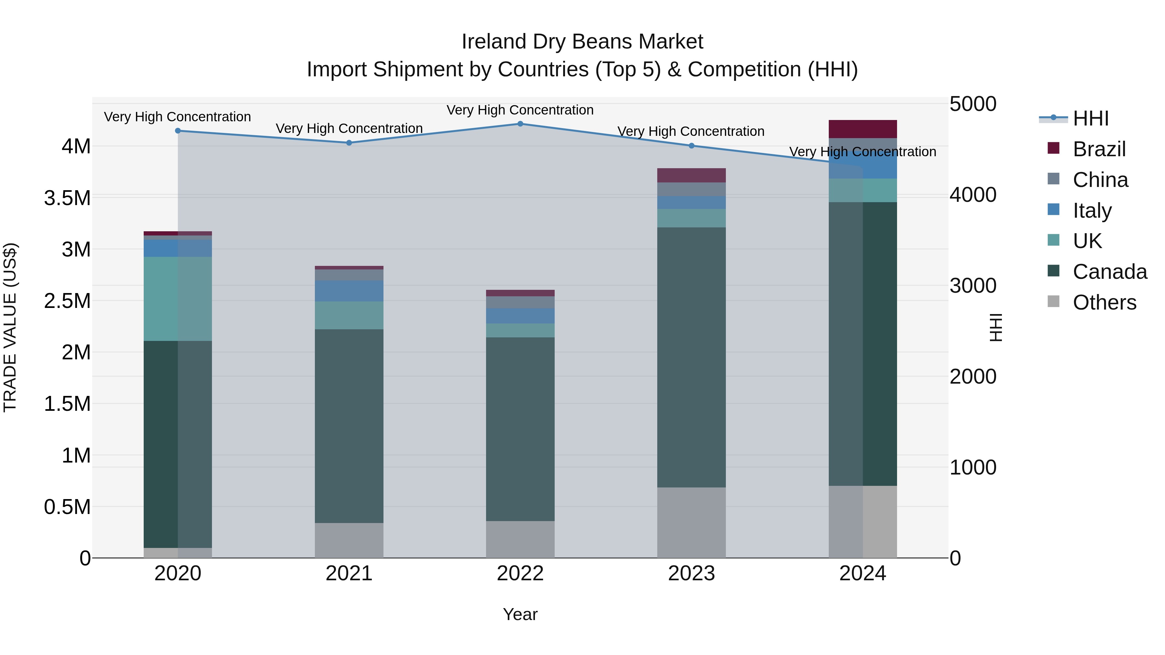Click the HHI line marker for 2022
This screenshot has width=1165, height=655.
click(x=520, y=124)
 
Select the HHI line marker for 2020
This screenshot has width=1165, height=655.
click(x=178, y=131)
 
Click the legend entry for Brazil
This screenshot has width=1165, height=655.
click(x=1099, y=149)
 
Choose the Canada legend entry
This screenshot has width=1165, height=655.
click(x=1109, y=272)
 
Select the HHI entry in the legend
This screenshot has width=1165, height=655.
click(x=1090, y=118)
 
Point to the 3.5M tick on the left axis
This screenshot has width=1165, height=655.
click(x=67, y=198)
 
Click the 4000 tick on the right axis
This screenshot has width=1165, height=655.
click(x=972, y=195)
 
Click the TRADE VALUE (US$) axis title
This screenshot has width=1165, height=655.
click(x=10, y=327)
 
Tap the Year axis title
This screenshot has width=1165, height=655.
click(x=520, y=614)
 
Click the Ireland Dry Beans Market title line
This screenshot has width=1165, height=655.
click(x=582, y=42)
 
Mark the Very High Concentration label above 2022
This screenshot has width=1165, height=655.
click(x=520, y=110)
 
